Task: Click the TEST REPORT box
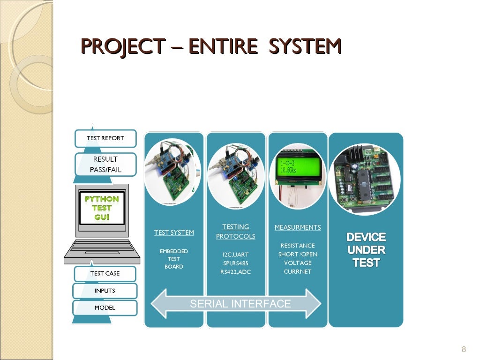click(105, 138)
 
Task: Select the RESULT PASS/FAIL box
click(105, 165)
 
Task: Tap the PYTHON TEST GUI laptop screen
click(102, 208)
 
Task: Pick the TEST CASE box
click(105, 274)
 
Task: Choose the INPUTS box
click(105, 291)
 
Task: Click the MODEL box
click(105, 308)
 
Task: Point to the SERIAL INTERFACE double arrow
click(236, 304)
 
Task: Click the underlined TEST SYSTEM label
click(174, 232)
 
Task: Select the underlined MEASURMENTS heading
click(298, 227)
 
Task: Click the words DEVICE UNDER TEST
click(366, 250)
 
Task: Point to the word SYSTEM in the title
click(306, 47)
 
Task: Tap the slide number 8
click(464, 349)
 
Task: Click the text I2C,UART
click(235, 255)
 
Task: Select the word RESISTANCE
click(298, 246)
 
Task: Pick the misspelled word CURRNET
click(298, 271)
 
